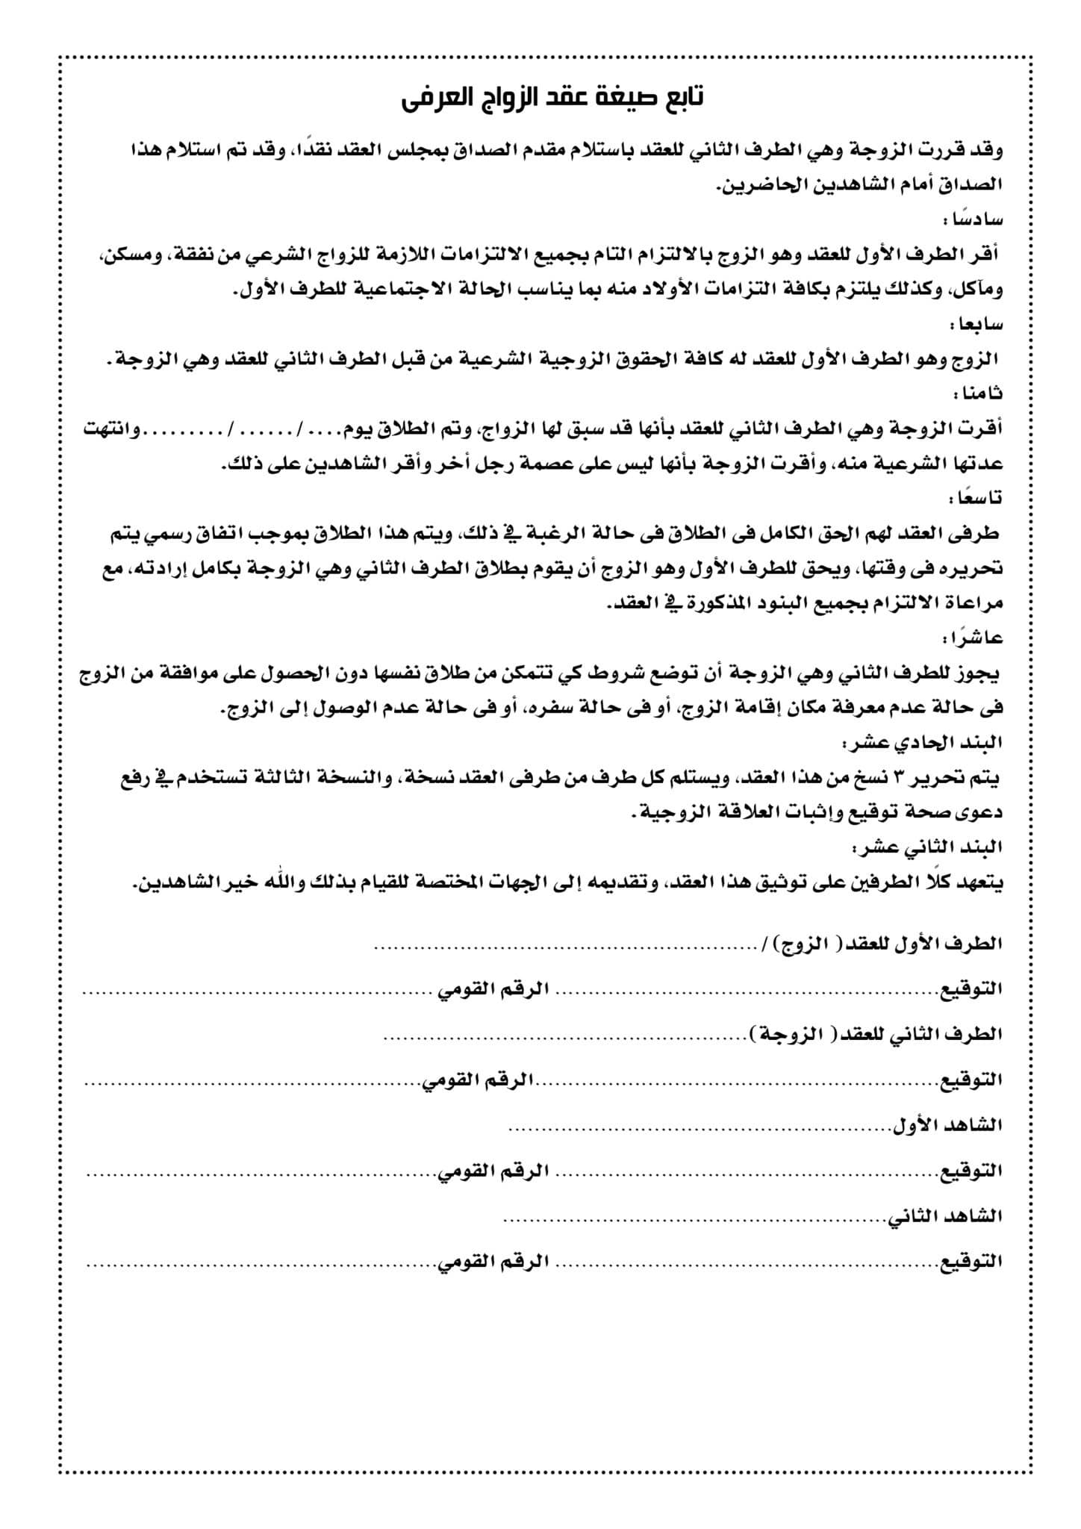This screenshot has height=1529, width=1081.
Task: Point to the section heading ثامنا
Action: click(x=979, y=393)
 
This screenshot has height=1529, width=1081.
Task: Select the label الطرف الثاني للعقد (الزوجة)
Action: click(x=876, y=1035)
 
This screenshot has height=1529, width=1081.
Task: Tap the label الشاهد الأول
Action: click(x=947, y=1125)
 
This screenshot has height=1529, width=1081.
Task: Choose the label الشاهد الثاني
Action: click(x=944, y=1217)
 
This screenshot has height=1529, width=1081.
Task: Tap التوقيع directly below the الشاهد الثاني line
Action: click(x=971, y=1262)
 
